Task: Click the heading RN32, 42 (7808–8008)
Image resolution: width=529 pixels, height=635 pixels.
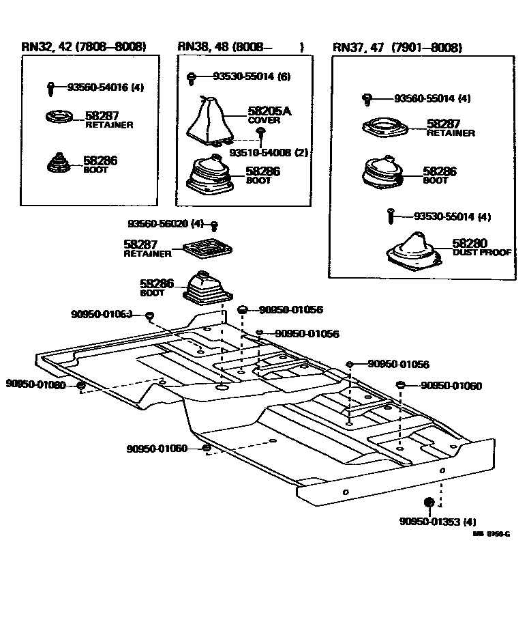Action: pos(84,46)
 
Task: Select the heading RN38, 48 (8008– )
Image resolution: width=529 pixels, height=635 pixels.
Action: pos(240,46)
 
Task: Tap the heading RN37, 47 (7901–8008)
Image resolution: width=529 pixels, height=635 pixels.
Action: pos(397,47)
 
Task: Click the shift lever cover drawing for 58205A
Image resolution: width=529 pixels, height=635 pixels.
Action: pos(209,122)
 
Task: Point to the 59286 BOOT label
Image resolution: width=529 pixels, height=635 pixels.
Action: pos(157,286)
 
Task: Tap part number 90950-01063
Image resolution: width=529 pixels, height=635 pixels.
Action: pos(101,314)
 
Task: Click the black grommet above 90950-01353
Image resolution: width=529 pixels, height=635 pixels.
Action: pos(429,503)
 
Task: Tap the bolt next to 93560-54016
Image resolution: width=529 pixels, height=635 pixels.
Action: pos(51,88)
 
